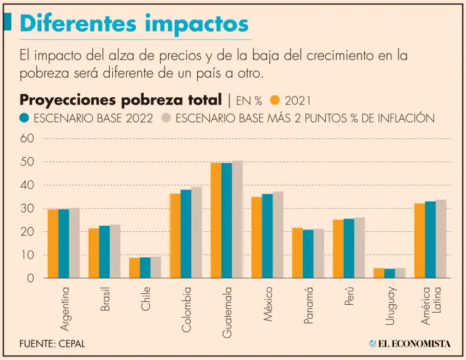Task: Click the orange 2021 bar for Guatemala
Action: (x=216, y=220)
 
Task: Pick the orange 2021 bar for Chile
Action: (x=135, y=268)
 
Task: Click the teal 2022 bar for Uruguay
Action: (x=390, y=273)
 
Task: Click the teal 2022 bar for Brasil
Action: (x=104, y=252)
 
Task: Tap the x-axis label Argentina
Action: (x=65, y=307)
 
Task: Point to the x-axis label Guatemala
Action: (x=227, y=312)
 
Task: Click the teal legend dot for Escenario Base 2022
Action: (x=25, y=118)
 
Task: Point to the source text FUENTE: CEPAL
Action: (x=52, y=344)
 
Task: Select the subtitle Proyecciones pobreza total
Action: (x=121, y=100)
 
